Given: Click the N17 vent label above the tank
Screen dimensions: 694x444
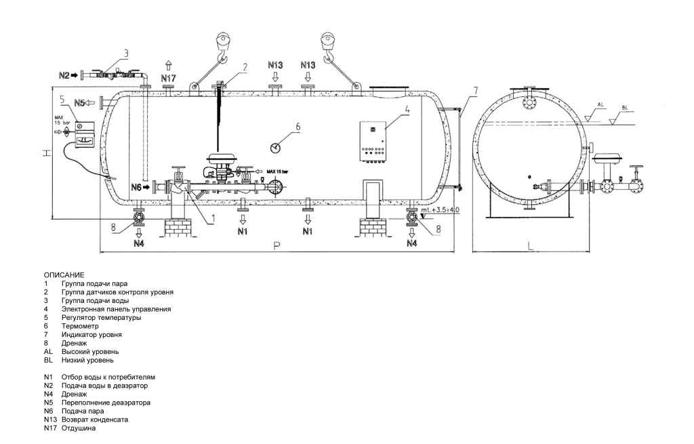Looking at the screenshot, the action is (x=168, y=79).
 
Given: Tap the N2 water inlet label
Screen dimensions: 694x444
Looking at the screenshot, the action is (x=64, y=76).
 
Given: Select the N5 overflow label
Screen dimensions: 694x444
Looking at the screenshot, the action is (x=80, y=103).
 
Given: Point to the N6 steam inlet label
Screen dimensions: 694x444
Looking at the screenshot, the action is (x=136, y=187).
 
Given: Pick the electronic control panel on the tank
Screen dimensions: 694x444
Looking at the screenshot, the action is (x=374, y=141).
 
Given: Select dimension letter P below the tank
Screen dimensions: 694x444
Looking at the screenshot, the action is (x=277, y=246).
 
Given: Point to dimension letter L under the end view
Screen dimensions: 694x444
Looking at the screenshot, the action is (x=531, y=246).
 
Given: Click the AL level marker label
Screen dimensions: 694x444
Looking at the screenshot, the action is (x=600, y=105).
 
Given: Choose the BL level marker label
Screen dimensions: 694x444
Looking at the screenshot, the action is (x=624, y=108).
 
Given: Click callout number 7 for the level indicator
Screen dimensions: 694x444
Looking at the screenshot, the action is (x=475, y=91).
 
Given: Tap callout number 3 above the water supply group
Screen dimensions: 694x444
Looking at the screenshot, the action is (x=126, y=54).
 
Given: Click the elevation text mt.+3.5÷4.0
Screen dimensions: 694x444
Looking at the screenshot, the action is (x=440, y=210).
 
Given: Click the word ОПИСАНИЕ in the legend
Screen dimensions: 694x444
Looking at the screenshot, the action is (x=64, y=275).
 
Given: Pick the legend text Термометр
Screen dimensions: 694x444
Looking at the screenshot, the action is (x=80, y=326).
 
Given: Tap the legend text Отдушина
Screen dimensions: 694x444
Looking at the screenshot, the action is (x=79, y=428).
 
